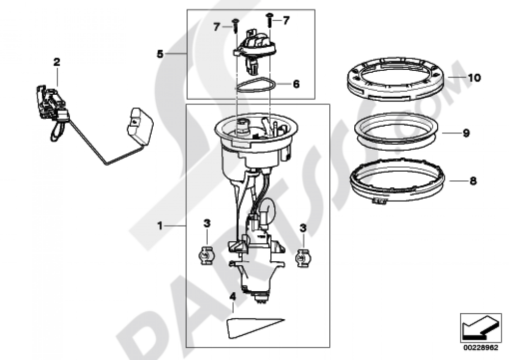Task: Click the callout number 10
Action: coord(474,78)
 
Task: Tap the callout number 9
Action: coord(466,133)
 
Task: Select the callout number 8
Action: coord(473,181)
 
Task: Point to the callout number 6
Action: coord(296,85)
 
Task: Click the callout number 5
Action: coord(160,54)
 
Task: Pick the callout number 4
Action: coord(232,297)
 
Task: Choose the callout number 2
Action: coord(57,62)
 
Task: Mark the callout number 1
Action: coord(160,226)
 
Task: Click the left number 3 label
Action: coord(207,224)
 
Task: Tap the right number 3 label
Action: coord(303,228)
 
